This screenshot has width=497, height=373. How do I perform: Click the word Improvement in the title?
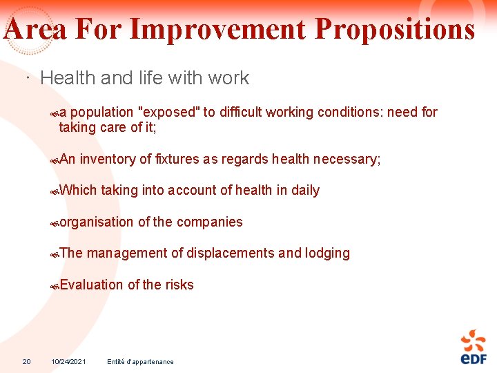click(217, 30)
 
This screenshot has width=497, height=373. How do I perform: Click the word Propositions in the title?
click(394, 30)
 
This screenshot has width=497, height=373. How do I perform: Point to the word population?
click(101, 112)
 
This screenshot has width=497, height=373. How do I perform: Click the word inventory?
click(107, 159)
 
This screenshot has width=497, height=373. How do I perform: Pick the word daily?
click(305, 190)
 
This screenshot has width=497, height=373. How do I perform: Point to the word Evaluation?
click(91, 285)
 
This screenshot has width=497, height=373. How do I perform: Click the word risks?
click(179, 285)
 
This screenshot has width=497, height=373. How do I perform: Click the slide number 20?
click(26, 361)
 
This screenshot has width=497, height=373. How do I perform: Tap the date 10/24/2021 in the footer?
click(68, 361)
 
